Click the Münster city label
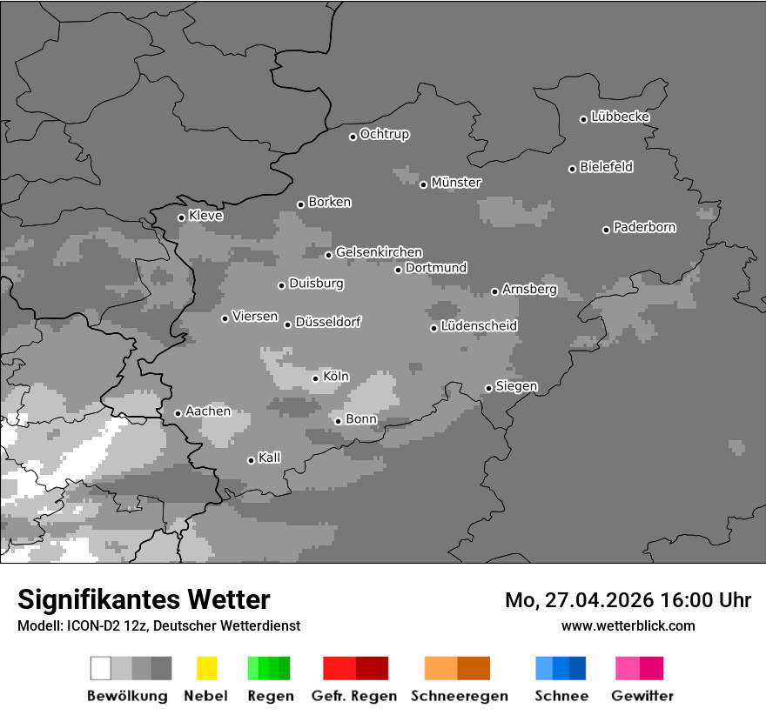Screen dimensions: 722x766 [x=456, y=183]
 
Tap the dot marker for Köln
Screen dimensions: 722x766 [x=316, y=378]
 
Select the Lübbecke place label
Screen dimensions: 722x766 [x=620, y=117]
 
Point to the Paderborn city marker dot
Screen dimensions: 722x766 [x=607, y=230]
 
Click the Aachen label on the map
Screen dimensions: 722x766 [x=208, y=411]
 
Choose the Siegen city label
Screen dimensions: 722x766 [x=516, y=386]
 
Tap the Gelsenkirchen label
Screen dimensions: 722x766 [x=379, y=252]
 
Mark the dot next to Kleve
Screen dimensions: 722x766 [x=182, y=217]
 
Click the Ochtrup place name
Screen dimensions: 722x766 [x=385, y=134]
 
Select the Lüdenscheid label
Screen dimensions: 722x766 [x=479, y=325]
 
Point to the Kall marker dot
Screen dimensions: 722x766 [x=252, y=460]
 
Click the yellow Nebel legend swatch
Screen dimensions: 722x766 [x=206, y=668]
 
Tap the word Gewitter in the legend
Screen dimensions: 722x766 [x=642, y=696]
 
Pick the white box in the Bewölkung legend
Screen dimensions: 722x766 [x=101, y=668]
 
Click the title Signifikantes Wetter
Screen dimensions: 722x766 [x=144, y=599]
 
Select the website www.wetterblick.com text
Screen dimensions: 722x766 [x=628, y=625]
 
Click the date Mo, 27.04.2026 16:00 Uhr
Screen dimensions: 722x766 [x=628, y=600]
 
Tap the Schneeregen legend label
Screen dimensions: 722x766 [x=460, y=696]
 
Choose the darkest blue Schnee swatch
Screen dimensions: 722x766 [x=578, y=668]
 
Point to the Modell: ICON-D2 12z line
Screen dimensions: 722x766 [x=158, y=625]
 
